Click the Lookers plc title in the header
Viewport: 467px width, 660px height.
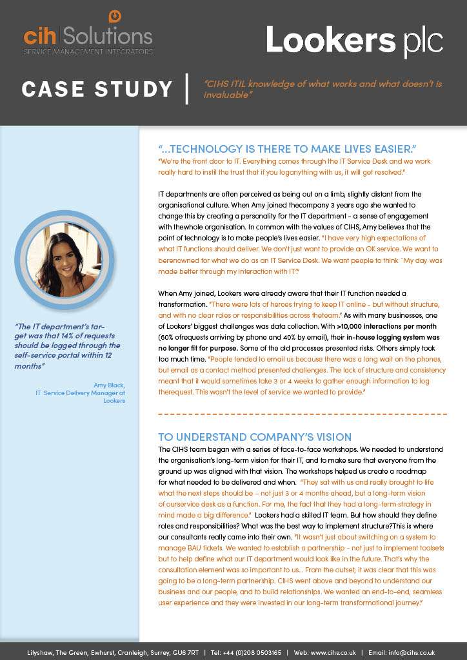(x=354, y=40)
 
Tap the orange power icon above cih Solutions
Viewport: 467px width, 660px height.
(x=115, y=16)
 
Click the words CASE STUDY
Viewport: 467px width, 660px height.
(x=97, y=89)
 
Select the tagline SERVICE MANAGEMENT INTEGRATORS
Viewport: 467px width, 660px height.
(x=88, y=51)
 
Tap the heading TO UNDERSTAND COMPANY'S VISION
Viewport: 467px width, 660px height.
(x=255, y=437)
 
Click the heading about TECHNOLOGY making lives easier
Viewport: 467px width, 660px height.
(x=287, y=149)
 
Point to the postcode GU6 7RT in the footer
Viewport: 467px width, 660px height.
(x=188, y=652)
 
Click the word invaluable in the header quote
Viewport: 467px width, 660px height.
(x=228, y=95)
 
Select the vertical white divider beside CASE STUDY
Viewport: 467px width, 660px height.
(x=186, y=89)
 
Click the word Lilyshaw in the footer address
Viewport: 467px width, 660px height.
(x=39, y=652)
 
